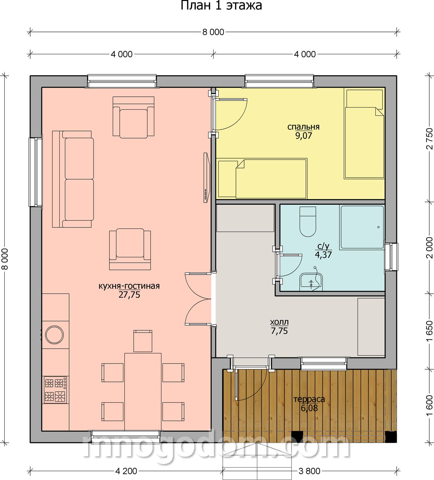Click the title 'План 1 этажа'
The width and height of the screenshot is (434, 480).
point(221,6)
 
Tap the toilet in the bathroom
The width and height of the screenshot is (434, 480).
point(308,222)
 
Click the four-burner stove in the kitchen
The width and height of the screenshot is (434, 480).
point(55,390)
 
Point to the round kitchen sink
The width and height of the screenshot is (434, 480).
point(54,335)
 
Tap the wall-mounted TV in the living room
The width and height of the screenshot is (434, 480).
point(207,178)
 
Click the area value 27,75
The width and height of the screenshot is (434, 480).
point(130,295)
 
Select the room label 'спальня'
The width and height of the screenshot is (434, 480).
point(303,127)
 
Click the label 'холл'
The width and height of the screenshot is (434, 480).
point(279,322)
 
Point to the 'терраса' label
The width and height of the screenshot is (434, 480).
point(309,399)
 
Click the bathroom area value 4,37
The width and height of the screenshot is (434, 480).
point(323,255)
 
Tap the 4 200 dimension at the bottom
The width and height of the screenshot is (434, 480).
point(126,464)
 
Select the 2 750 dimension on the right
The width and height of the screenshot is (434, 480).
point(430,139)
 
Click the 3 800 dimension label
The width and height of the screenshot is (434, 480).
point(309,464)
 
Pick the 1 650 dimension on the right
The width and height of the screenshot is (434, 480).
point(430,331)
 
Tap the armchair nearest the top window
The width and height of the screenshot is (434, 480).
point(134,117)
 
